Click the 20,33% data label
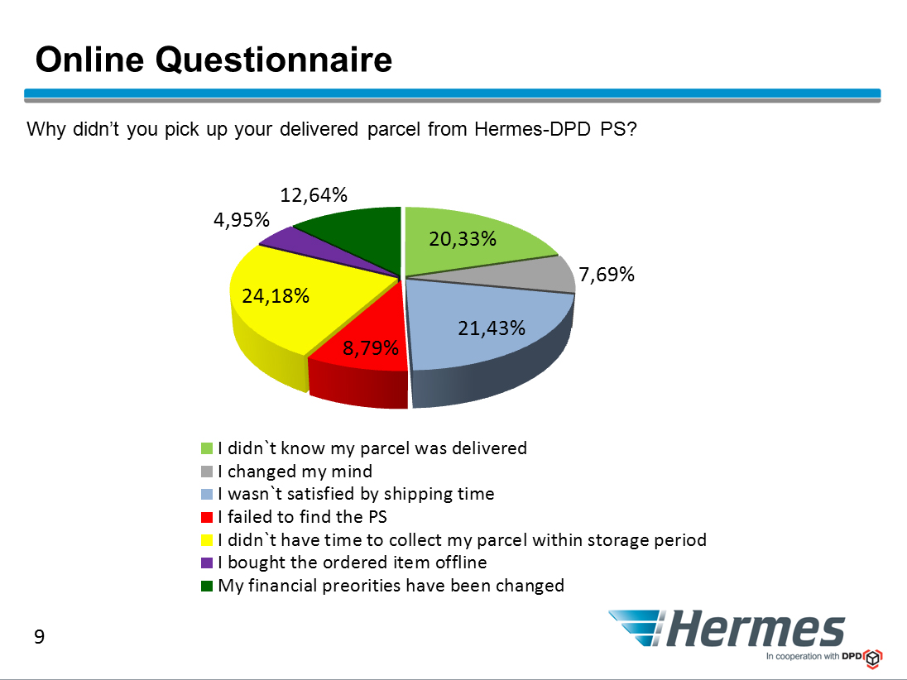(462, 238)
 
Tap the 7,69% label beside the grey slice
(607, 274)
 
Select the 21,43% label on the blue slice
(491, 328)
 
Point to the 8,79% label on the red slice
(370, 347)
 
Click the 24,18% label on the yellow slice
(276, 295)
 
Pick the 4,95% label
(241, 219)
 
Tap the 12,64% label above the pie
(314, 195)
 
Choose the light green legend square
(207, 448)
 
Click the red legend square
(207, 517)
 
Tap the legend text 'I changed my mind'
(295, 472)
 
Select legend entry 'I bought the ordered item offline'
(353, 562)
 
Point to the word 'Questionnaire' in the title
(274, 60)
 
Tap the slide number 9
(40, 637)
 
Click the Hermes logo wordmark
(756, 629)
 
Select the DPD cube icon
(873, 658)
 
